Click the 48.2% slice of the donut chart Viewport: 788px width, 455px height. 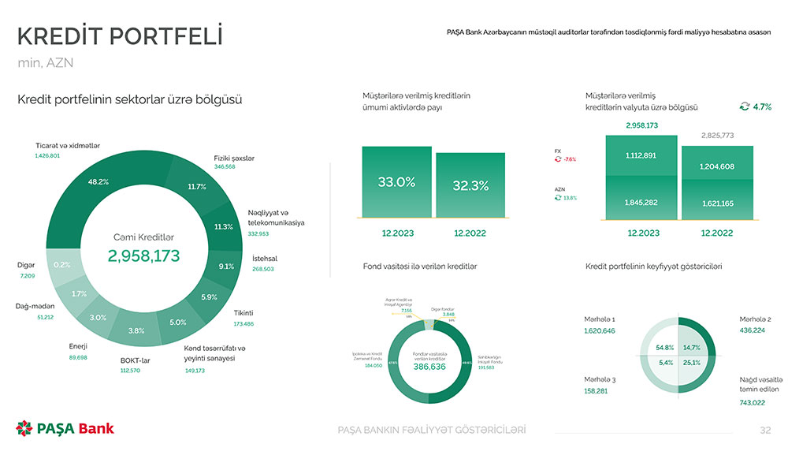point(98,182)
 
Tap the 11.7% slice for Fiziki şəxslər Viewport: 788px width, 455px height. point(197,187)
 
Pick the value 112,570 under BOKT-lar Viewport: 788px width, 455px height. point(130,371)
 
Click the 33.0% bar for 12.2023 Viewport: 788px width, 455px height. point(396,182)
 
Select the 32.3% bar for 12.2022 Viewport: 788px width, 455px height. point(470,186)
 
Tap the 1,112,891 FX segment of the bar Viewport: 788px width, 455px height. point(641,155)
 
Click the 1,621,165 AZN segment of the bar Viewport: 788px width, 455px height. point(717,203)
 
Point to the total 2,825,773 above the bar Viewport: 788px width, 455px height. point(717,136)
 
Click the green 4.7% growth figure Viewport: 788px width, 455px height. point(761,107)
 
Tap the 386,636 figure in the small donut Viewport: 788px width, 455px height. point(429,367)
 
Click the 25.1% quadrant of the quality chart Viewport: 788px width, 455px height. point(692,363)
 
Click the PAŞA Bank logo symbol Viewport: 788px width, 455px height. point(24,428)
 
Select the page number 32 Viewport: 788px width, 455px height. point(764,430)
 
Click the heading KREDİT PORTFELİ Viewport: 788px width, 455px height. point(120,36)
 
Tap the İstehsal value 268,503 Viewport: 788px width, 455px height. point(262,269)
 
